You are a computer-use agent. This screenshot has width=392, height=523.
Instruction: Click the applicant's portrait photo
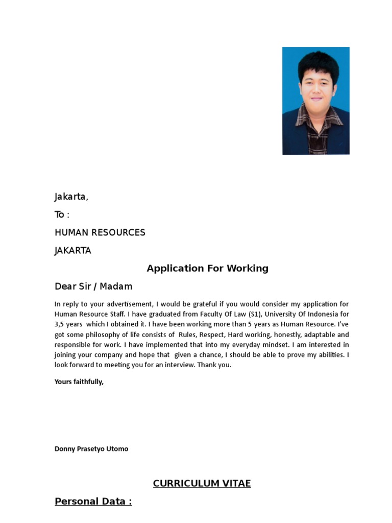tap(316, 101)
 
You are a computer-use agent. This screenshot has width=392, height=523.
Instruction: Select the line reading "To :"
tap(62, 215)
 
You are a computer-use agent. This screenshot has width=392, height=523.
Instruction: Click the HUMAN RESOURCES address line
tap(100, 232)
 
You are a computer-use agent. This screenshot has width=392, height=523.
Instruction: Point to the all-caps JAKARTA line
tap(73, 250)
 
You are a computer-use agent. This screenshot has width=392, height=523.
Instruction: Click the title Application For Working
tap(207, 268)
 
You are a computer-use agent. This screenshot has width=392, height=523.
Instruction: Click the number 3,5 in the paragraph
tap(61, 324)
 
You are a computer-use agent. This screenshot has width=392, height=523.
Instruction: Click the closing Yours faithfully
tap(79, 382)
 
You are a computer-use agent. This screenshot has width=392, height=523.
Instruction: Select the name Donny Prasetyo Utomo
tap(91, 449)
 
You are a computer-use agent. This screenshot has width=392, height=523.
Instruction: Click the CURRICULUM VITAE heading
tap(202, 483)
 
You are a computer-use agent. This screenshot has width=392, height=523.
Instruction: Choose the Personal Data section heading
tap(93, 501)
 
